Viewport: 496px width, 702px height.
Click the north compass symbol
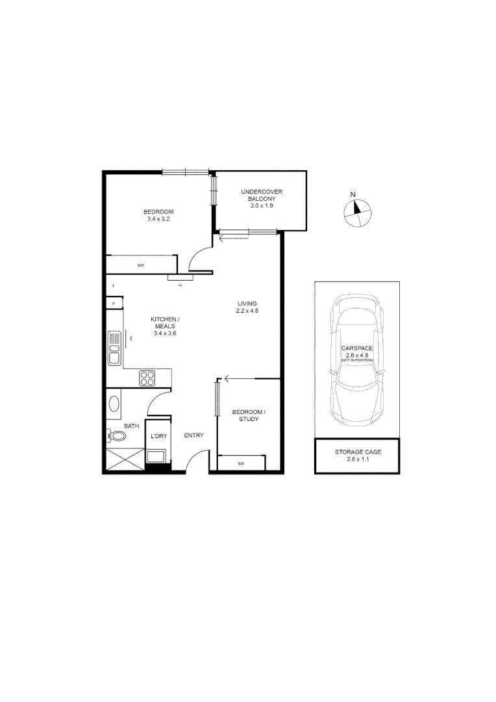point(356,212)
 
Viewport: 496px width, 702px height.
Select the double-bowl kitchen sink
point(114,348)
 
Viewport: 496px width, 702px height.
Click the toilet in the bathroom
point(116,436)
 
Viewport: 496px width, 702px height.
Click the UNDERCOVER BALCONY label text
point(261,195)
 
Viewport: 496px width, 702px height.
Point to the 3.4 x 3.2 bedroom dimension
point(158,220)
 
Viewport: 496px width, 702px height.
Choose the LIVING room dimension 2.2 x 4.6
point(247,311)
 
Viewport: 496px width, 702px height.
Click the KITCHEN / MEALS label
point(165,322)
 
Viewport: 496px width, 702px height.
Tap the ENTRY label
point(194,435)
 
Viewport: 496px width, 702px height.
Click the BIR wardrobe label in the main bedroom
point(141,266)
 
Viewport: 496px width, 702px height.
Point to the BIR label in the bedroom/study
point(241,463)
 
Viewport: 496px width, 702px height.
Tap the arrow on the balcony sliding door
point(225,239)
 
